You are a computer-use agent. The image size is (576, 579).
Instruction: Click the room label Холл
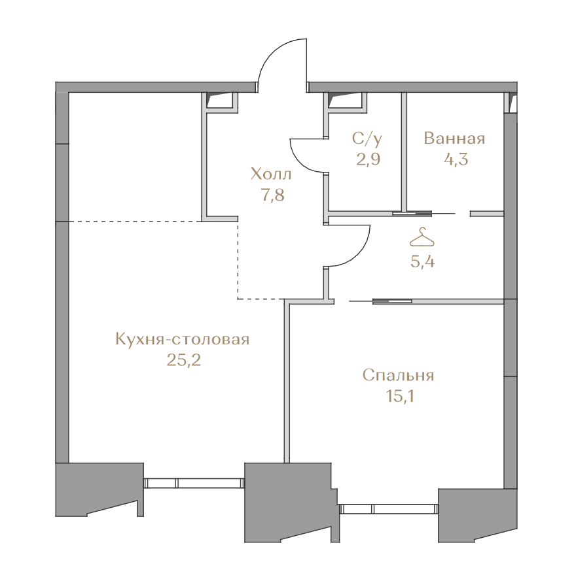click(x=271, y=174)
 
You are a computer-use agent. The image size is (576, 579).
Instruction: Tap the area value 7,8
click(x=273, y=195)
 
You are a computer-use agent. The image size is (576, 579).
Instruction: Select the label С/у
click(x=367, y=139)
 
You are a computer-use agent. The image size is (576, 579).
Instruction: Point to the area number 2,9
click(x=368, y=159)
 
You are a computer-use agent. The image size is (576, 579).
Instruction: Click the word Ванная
click(x=454, y=139)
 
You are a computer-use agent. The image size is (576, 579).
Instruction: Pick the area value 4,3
click(x=456, y=159)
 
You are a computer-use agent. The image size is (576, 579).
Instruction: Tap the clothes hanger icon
click(x=422, y=237)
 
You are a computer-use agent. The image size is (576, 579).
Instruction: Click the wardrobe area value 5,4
click(x=422, y=261)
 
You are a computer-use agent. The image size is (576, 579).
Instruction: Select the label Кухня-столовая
click(x=183, y=339)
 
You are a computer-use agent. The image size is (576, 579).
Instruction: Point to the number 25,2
click(x=183, y=360)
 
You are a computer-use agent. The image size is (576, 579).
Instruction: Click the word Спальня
click(x=398, y=375)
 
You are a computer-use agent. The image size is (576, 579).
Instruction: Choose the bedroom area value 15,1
click(x=399, y=396)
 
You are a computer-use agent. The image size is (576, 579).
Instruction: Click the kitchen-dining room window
click(x=194, y=483)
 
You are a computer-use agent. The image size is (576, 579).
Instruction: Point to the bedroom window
click(x=389, y=509)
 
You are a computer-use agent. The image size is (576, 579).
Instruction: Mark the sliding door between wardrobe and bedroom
click(x=392, y=301)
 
